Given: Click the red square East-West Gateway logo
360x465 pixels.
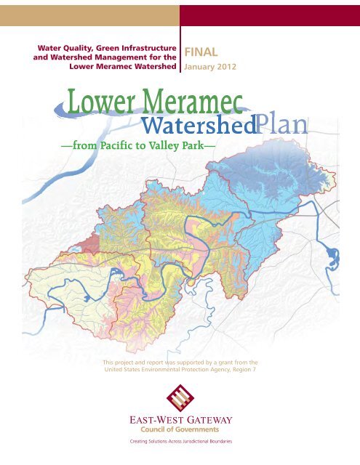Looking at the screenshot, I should point(180,400).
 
